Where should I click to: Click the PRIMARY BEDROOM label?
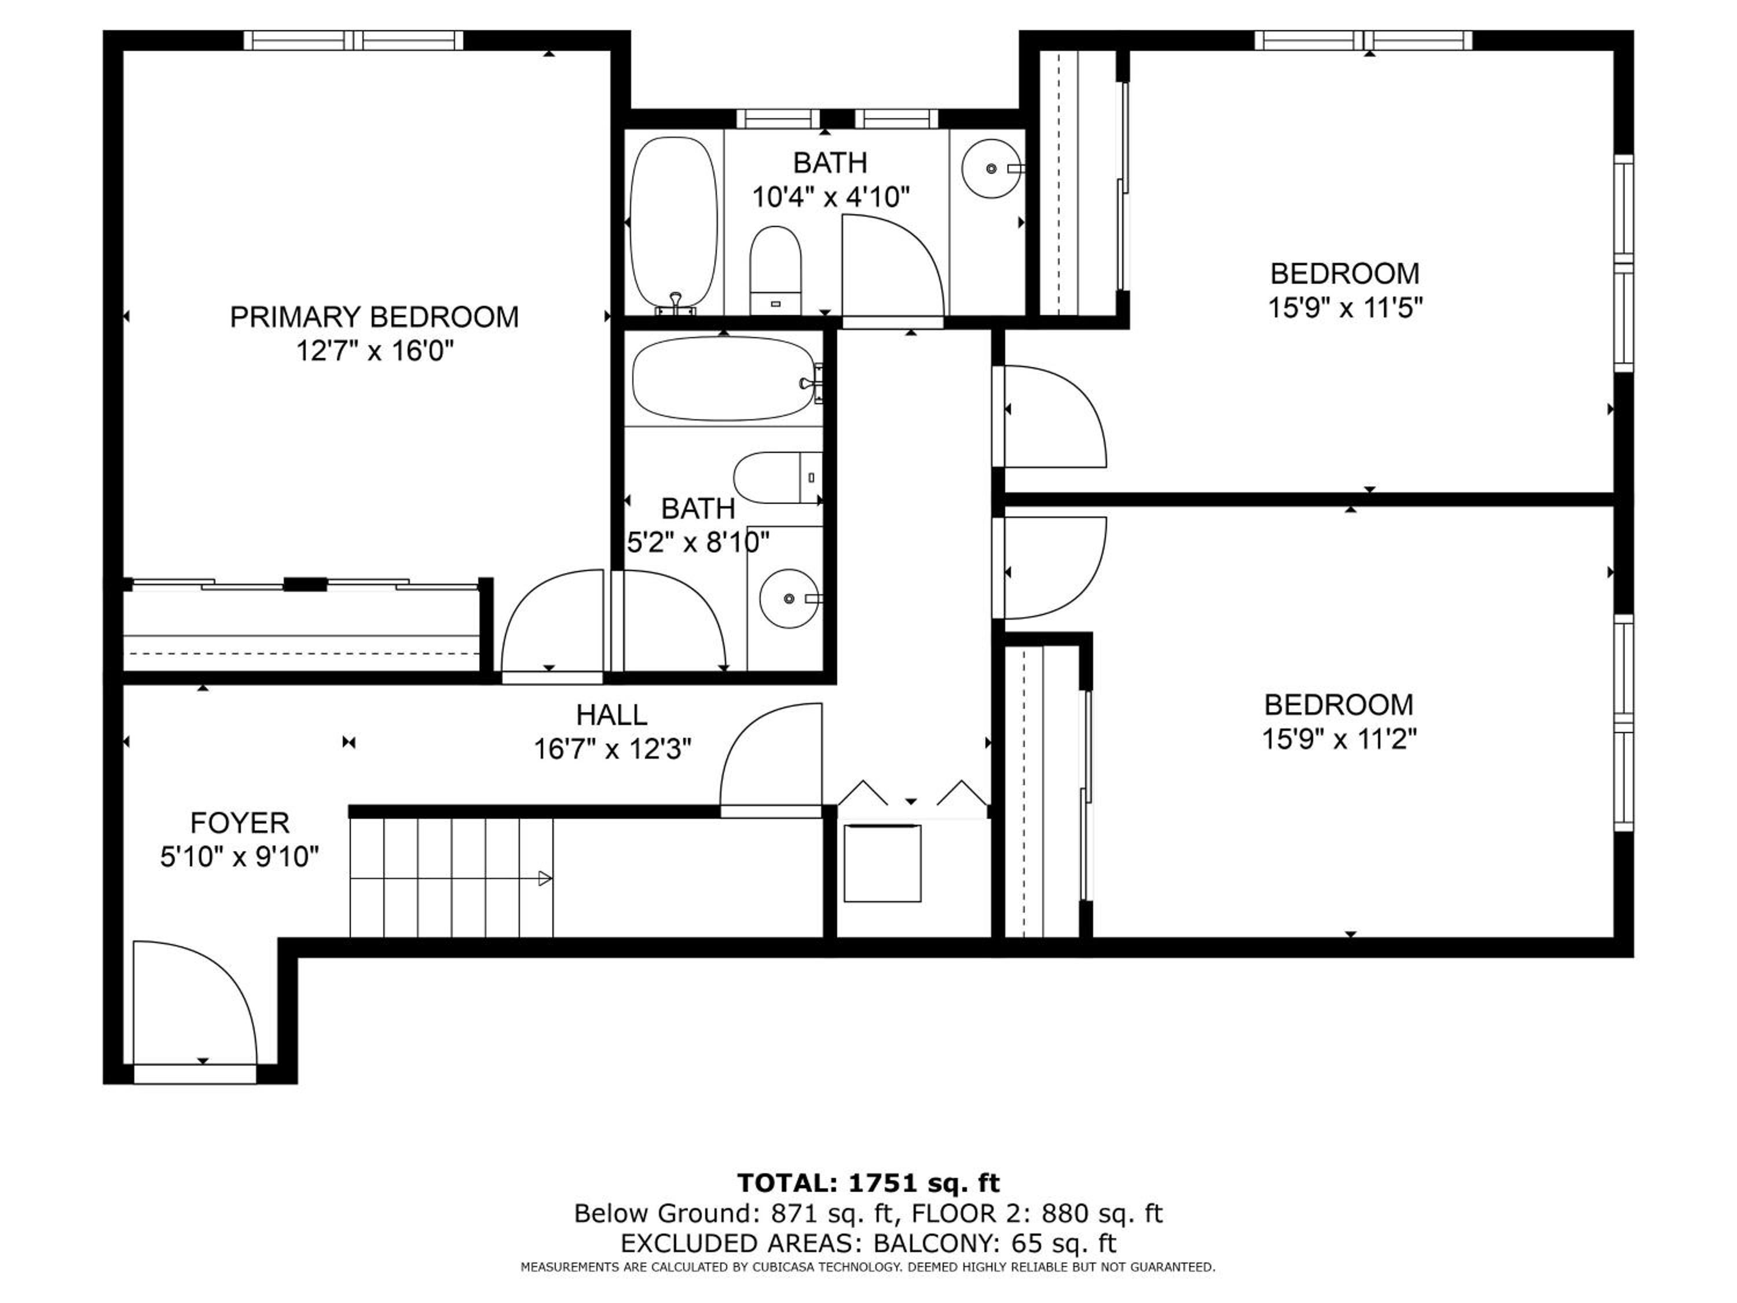[x=374, y=317]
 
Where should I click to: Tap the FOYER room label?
[x=240, y=823]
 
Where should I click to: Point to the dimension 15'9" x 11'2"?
[x=1339, y=739]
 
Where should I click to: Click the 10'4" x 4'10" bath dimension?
[x=831, y=197]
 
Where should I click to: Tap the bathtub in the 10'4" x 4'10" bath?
[x=674, y=225]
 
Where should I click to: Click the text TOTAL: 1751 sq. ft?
[x=868, y=1183]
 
